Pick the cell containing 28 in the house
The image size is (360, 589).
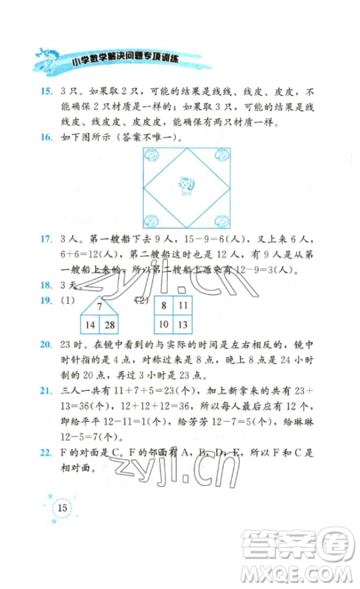coord(110,324)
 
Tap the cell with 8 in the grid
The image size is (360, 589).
coord(164,305)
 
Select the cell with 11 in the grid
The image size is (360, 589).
coord(183,305)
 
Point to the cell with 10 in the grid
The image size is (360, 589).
coord(164,325)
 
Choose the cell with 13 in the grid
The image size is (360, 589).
coord(183,325)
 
